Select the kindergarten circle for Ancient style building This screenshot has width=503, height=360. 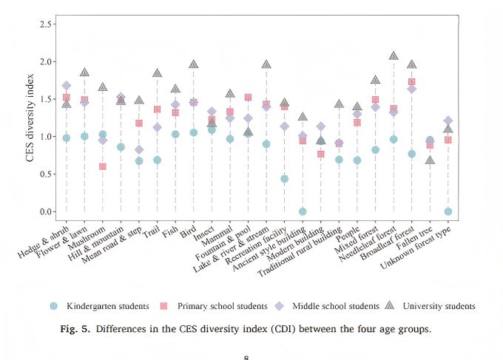302,211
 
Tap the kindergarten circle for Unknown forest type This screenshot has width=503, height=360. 448,211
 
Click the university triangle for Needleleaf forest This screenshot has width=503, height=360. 394,56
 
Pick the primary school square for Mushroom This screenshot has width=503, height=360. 102,166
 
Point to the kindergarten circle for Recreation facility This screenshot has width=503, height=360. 284,179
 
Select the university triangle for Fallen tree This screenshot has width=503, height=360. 430,160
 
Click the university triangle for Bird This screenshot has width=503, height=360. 193,64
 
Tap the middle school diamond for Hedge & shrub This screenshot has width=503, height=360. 66,86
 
